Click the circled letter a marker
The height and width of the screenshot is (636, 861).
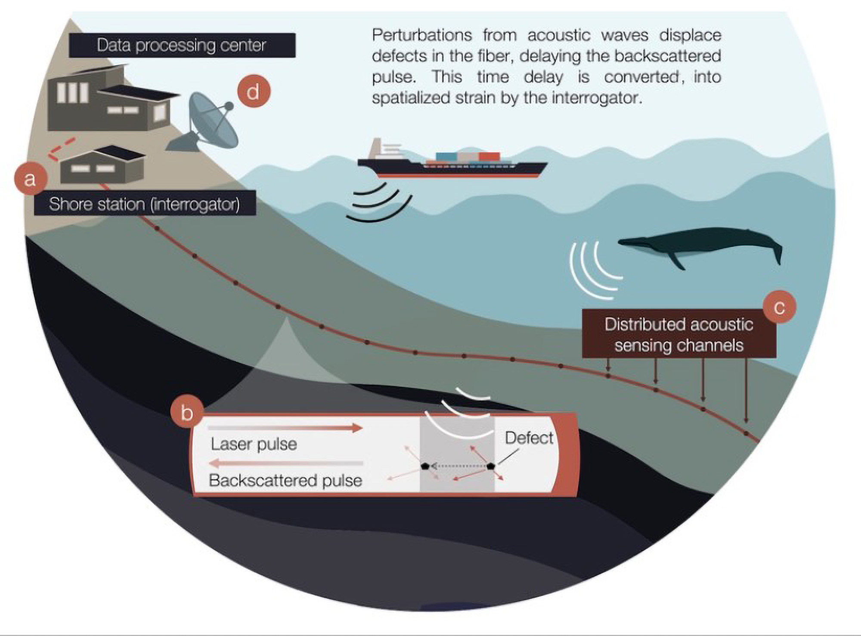pyautogui.click(x=30, y=178)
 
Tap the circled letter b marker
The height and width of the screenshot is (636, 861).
pyautogui.click(x=187, y=413)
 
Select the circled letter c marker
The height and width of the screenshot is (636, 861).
pyautogui.click(x=779, y=307)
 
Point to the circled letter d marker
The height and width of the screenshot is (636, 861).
pyautogui.click(x=253, y=92)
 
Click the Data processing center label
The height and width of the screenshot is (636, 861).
pyautogui.click(x=182, y=45)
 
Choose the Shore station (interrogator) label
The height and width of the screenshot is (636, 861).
pyautogui.click(x=145, y=204)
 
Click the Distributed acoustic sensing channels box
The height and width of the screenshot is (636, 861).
pyautogui.click(x=678, y=334)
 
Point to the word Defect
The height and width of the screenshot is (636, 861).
pyautogui.click(x=529, y=438)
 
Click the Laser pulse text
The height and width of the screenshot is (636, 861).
pyautogui.click(x=254, y=444)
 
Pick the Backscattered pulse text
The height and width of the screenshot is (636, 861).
pyautogui.click(x=285, y=480)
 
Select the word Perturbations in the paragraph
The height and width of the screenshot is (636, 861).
pyautogui.click(x=422, y=35)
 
